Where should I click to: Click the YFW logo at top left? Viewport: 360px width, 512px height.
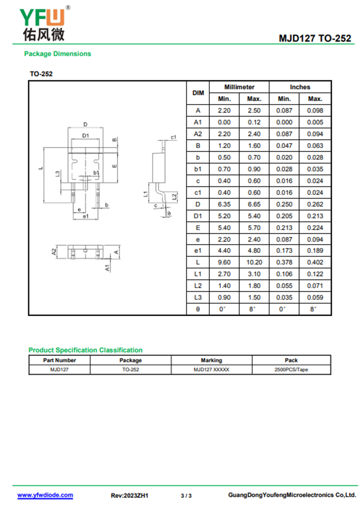[44, 24]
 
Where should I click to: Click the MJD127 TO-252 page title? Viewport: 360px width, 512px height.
[315, 38]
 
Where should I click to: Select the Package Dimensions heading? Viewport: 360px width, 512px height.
[58, 54]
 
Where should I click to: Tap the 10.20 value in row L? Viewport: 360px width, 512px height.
[254, 262]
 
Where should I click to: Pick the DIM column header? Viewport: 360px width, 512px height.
[198, 93]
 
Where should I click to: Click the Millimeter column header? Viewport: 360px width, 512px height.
[239, 87]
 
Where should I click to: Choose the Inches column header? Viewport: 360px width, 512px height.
[300, 87]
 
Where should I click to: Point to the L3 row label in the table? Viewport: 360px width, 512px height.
[198, 298]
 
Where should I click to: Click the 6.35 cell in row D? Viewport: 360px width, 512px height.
[224, 204]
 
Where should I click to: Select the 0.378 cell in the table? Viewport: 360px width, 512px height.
[284, 262]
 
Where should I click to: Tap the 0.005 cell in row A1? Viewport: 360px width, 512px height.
[315, 122]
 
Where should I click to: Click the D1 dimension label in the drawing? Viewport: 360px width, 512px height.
[85, 136]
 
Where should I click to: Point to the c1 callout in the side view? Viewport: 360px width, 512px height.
[173, 137]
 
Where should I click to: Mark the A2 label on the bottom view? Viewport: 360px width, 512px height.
[54, 251]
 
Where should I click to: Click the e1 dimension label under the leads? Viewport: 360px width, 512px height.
[85, 216]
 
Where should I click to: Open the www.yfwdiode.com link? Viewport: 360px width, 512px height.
[45, 495]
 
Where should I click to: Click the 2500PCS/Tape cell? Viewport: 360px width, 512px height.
[291, 370]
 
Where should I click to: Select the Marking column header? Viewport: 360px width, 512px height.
[211, 360]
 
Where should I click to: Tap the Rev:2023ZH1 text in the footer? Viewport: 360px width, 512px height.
[130, 495]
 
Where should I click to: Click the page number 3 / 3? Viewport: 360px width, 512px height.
[186, 496]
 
